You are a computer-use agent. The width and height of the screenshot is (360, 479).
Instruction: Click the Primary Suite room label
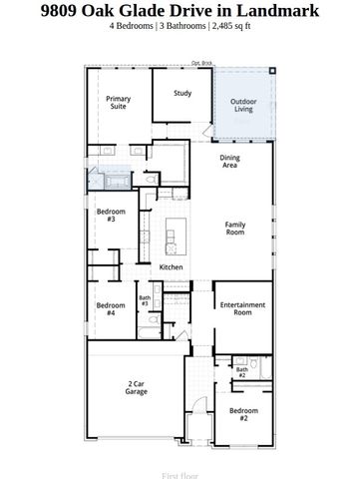pyautogui.click(x=119, y=104)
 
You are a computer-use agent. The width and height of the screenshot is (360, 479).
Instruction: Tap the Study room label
pyautogui.click(x=181, y=94)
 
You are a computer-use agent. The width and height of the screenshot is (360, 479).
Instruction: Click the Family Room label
pyautogui.click(x=234, y=229)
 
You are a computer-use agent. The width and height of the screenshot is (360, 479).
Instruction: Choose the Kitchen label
pyautogui.click(x=171, y=268)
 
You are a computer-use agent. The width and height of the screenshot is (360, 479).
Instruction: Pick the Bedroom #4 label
pyautogui.click(x=111, y=308)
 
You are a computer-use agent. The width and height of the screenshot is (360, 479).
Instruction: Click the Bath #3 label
pyautogui.click(x=145, y=300)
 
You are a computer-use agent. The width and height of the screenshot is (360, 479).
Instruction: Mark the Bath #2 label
pyautogui.click(x=242, y=372)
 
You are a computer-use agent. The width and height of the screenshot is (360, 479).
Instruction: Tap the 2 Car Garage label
pyautogui.click(x=137, y=388)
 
